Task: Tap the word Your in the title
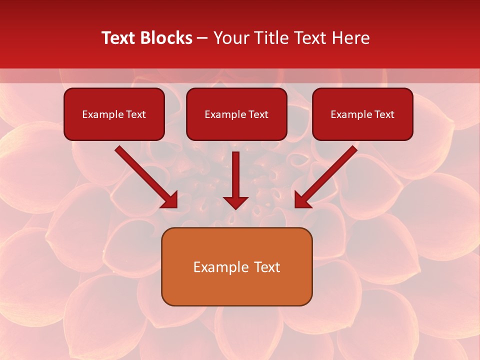point(230,38)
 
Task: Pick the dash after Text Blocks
point(202,38)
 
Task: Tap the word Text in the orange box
point(266,267)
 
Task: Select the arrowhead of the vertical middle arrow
point(235,202)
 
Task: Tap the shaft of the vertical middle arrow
point(235,172)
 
